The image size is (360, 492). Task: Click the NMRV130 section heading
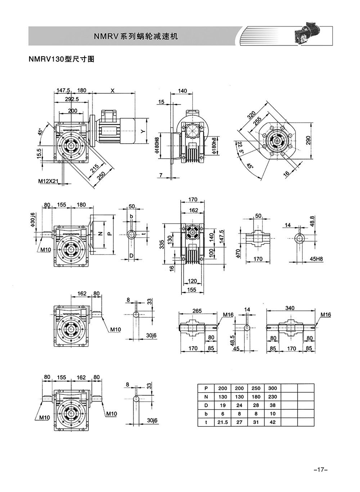point(62,59)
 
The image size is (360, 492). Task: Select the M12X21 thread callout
point(48,181)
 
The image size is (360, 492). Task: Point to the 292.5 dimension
point(72,99)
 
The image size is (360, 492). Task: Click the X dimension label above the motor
point(113,90)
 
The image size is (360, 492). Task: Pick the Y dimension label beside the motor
point(143,131)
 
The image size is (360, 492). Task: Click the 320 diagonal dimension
point(251,115)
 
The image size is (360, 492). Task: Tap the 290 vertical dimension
point(308,140)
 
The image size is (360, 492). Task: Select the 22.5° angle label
point(240,147)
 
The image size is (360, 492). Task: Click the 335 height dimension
point(162,244)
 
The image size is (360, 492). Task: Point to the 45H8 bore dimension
point(316,259)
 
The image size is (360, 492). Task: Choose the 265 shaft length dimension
point(197,311)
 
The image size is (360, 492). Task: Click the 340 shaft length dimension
point(290,308)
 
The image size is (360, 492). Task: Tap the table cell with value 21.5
point(222,422)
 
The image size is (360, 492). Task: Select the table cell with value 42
point(273,422)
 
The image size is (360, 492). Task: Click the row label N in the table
point(206,397)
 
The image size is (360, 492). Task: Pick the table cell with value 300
point(273,388)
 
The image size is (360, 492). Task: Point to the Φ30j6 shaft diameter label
point(32,219)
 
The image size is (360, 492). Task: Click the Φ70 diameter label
point(239,253)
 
